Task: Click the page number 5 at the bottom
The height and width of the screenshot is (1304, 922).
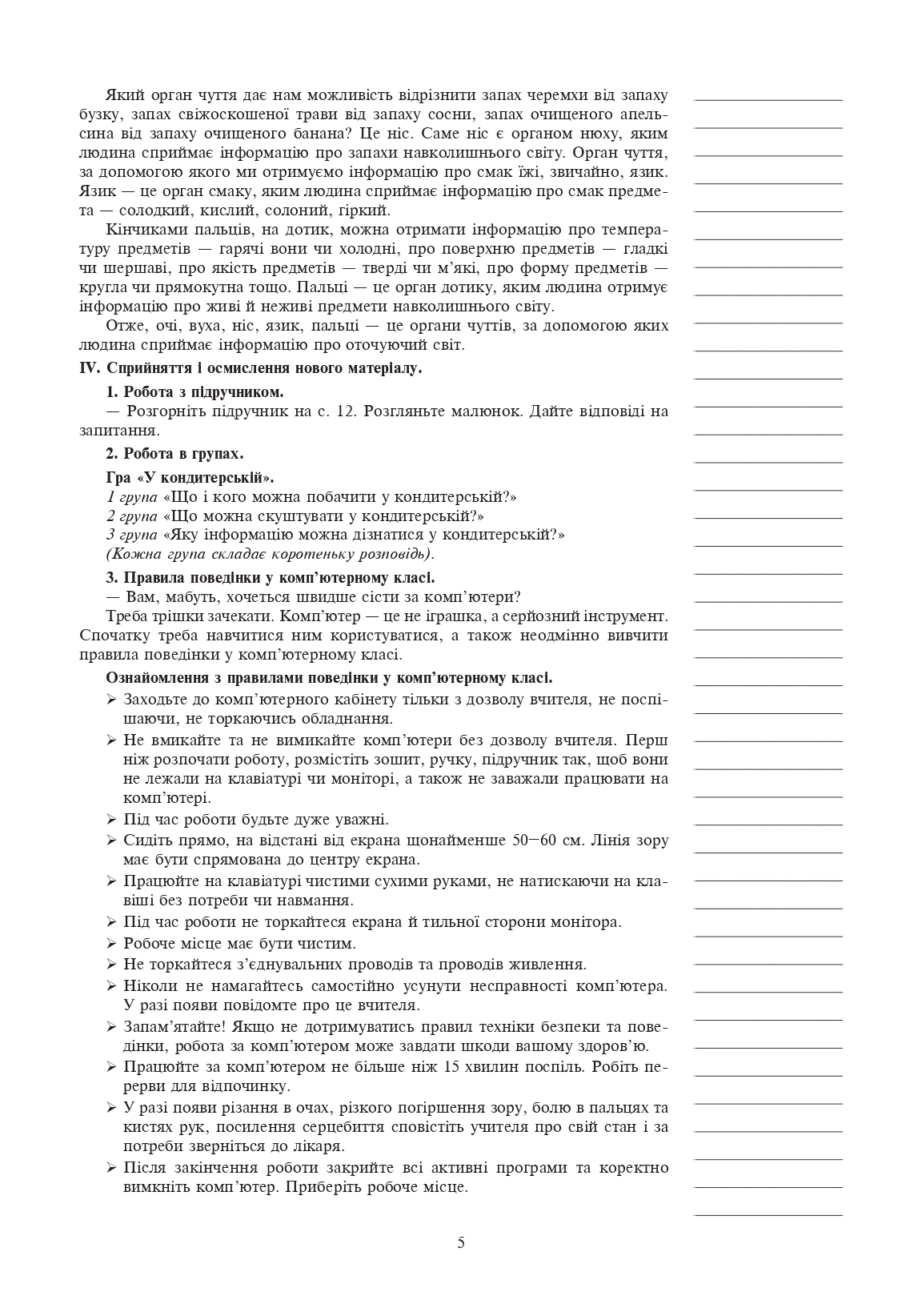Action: click(x=460, y=1242)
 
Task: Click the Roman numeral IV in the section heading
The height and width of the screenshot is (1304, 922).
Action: click(x=88, y=369)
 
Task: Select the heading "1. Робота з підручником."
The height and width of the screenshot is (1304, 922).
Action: click(x=194, y=392)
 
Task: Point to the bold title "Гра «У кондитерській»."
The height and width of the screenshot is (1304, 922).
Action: click(x=190, y=478)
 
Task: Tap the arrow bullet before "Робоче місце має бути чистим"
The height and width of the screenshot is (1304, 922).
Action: click(x=111, y=943)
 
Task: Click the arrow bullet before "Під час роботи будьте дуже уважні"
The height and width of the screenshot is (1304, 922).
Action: click(x=111, y=820)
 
